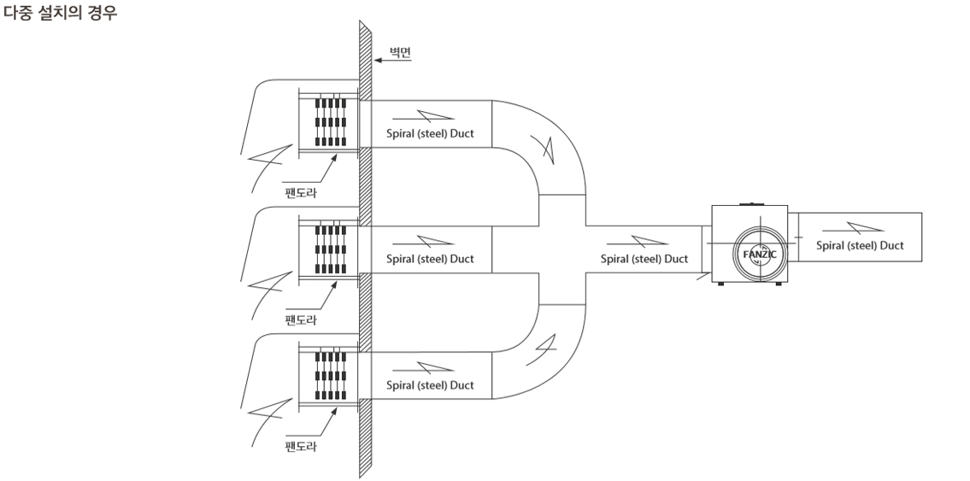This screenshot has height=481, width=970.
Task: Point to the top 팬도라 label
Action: (300, 192)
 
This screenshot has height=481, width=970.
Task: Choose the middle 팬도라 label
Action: (300, 319)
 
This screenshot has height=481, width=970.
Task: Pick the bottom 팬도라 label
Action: (300, 447)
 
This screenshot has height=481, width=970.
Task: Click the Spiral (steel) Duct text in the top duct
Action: (430, 133)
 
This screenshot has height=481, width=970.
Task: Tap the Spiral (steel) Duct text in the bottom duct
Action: (430, 385)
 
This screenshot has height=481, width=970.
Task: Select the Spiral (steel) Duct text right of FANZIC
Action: (860, 245)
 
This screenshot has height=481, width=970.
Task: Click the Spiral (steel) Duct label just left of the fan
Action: (644, 258)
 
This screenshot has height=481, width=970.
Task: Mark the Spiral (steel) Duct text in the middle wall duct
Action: (430, 258)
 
